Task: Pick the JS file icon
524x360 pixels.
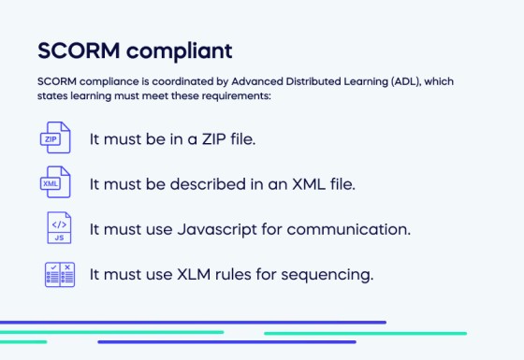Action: pos(58,228)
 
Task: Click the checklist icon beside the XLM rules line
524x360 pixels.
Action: pos(58,274)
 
